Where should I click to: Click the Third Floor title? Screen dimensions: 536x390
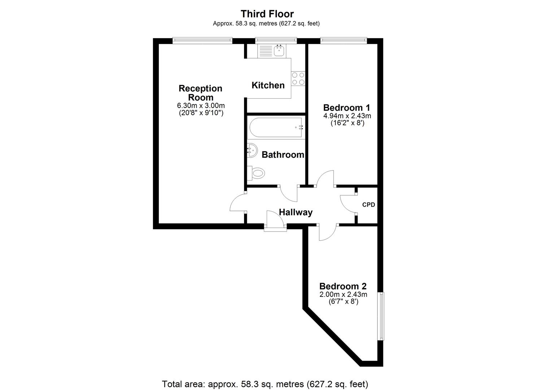click(x=267, y=14)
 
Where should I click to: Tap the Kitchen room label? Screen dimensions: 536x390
click(x=268, y=85)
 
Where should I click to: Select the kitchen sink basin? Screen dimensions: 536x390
click(x=279, y=51)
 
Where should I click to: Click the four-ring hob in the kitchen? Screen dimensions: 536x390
click(x=298, y=79)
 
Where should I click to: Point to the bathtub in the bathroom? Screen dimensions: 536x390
click(x=276, y=127)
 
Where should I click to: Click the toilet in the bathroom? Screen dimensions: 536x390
click(x=256, y=173)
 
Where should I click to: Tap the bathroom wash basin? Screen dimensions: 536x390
click(x=252, y=150)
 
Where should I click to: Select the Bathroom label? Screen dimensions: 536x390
click(x=283, y=155)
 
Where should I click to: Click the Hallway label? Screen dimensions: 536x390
click(x=296, y=212)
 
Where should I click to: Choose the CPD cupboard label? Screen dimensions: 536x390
click(x=369, y=205)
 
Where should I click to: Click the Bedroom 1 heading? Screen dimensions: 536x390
click(x=347, y=108)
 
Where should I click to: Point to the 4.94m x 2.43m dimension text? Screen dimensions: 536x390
click(x=347, y=116)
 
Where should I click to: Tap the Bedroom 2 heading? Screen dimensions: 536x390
click(x=343, y=286)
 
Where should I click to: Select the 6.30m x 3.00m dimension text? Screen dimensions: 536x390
click(x=201, y=105)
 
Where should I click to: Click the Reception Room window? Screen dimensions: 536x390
click(x=202, y=41)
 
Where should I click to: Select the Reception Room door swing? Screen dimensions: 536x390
click(x=238, y=202)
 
